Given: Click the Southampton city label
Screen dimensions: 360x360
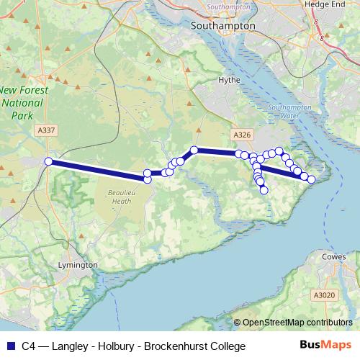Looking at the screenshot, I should pos(223,25).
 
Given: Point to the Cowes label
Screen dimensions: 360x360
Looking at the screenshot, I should pos(333,256).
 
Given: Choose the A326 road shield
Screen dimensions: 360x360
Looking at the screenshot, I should pos(241,135).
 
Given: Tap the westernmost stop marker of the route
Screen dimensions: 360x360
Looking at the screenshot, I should pos(49,162).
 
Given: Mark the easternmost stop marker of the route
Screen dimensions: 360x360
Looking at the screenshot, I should pos(311,179).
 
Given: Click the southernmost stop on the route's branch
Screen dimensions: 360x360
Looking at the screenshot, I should pos(264,190).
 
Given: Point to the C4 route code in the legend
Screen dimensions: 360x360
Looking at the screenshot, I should pos(28,346).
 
